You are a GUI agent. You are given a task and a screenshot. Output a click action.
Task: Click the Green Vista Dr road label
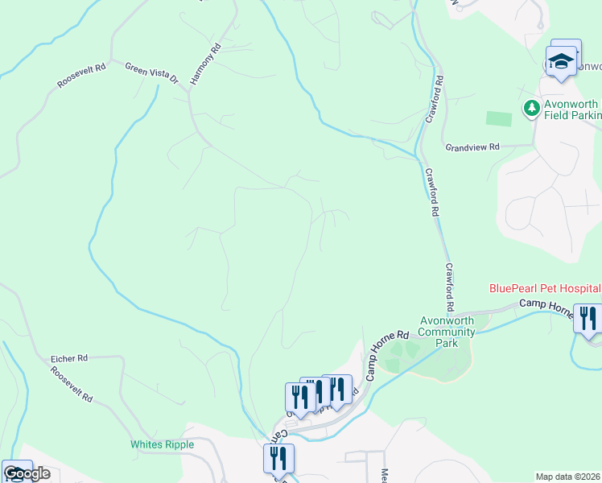click(151, 72)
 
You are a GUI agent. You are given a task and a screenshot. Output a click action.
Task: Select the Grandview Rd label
click(472, 147)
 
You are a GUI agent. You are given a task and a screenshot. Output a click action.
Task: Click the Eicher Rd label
click(68, 357)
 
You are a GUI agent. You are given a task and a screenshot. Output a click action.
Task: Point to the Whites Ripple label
click(162, 444)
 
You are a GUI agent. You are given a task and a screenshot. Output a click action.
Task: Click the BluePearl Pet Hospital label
click(545, 288)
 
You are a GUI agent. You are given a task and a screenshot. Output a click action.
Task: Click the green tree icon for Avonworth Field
click(531, 108)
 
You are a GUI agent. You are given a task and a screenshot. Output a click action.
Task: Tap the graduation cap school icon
click(560, 61)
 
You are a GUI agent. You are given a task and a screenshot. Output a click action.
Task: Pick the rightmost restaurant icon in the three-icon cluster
click(336, 389)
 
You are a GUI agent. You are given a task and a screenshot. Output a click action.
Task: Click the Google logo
click(27, 473)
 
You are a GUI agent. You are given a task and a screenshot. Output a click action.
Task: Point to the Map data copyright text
click(568, 477)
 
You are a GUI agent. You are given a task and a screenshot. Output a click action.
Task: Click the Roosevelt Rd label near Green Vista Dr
click(82, 76)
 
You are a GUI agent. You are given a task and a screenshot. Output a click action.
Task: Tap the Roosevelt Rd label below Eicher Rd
click(71, 386)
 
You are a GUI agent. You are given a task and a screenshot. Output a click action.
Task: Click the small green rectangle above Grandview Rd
click(499, 118)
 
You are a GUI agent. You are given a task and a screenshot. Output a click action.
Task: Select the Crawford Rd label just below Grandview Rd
click(432, 192)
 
